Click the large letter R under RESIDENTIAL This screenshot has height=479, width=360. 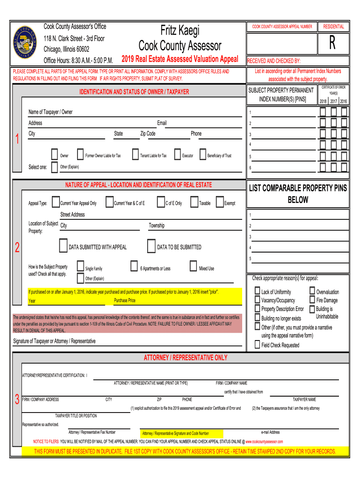(332, 44)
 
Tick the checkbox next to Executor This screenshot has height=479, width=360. (178, 154)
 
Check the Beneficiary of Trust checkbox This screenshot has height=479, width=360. (202, 154)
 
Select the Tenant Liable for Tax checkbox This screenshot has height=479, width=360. (135, 154)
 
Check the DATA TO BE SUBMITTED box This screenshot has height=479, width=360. (151, 246)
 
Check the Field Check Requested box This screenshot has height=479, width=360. (257, 345)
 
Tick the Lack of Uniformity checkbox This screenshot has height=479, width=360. (257, 291)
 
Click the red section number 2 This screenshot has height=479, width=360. (17, 248)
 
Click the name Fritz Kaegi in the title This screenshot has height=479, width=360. (180, 31)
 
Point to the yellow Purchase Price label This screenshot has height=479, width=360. (125, 301)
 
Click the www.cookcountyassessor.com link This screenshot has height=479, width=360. (264, 442)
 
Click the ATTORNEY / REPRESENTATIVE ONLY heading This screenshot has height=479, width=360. (185, 358)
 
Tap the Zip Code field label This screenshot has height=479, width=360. (148, 134)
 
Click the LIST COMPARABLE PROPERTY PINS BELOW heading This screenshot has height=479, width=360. (298, 194)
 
